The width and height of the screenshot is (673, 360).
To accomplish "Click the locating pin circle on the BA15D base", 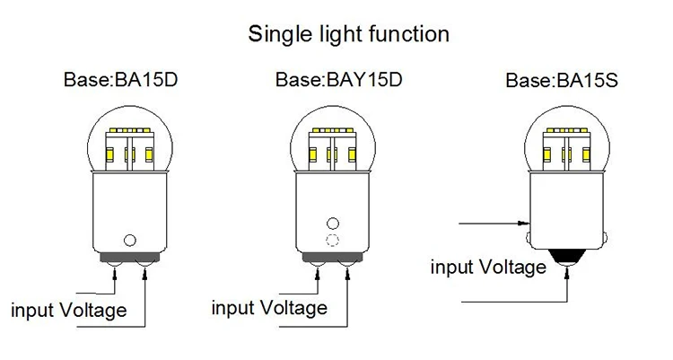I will pos(131,240).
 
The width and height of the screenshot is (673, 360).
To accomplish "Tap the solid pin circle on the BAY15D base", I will pos(333,223).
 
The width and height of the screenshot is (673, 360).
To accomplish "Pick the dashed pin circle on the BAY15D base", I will pos(333,241).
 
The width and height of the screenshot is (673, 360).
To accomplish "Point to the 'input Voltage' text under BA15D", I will pos(68,311).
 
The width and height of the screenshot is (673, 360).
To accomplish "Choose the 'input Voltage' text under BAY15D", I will pos(269,308).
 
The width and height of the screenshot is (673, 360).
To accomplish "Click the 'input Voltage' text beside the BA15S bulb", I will pos(487,267).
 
